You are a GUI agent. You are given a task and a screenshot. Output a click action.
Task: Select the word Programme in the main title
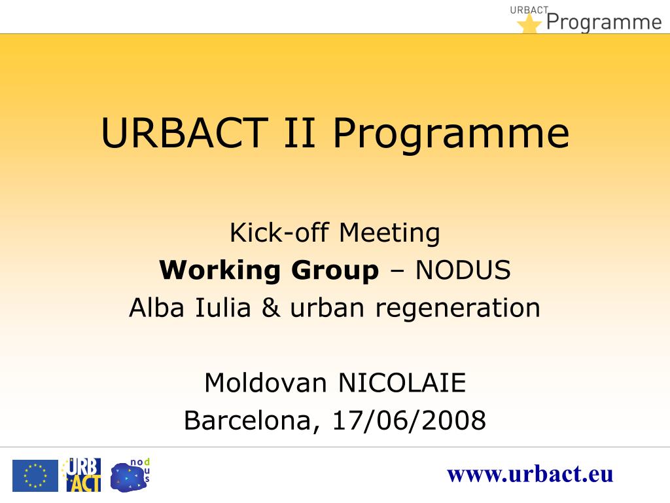tap(450, 133)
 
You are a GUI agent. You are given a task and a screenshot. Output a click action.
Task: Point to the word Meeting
tap(390, 233)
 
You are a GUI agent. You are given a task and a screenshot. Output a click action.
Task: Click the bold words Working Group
tap(269, 270)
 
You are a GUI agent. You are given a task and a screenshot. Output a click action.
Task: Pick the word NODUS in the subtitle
tap(463, 270)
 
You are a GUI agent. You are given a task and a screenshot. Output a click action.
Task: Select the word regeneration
tap(457, 307)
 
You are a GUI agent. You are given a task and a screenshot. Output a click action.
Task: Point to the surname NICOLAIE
tap(402, 382)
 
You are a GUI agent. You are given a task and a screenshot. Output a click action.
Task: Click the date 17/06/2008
tap(409, 420)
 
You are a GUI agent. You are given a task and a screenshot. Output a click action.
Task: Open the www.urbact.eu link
tap(530, 474)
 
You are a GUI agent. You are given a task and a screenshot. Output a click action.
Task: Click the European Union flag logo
tap(35, 475)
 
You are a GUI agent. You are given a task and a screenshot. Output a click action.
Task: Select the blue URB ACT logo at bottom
tap(82, 475)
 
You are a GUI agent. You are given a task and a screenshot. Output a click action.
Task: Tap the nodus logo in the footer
tap(130, 475)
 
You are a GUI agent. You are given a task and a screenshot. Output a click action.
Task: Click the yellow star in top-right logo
tap(529, 24)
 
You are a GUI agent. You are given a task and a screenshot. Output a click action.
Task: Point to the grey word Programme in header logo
tap(604, 22)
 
